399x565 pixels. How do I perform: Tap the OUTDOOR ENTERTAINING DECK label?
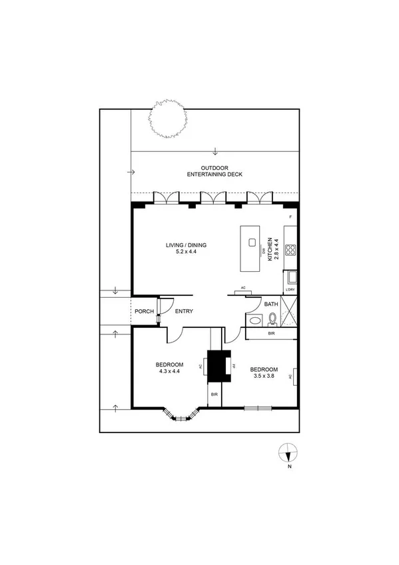214,171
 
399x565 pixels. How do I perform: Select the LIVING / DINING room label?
186,249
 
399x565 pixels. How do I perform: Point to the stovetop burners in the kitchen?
290,251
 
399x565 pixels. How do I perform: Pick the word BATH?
271,304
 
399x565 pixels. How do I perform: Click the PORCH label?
144,311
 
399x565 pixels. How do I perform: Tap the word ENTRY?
184,311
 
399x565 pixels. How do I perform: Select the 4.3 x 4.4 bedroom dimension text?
169,371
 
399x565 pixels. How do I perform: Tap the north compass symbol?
288,453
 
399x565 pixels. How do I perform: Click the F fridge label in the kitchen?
290,218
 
